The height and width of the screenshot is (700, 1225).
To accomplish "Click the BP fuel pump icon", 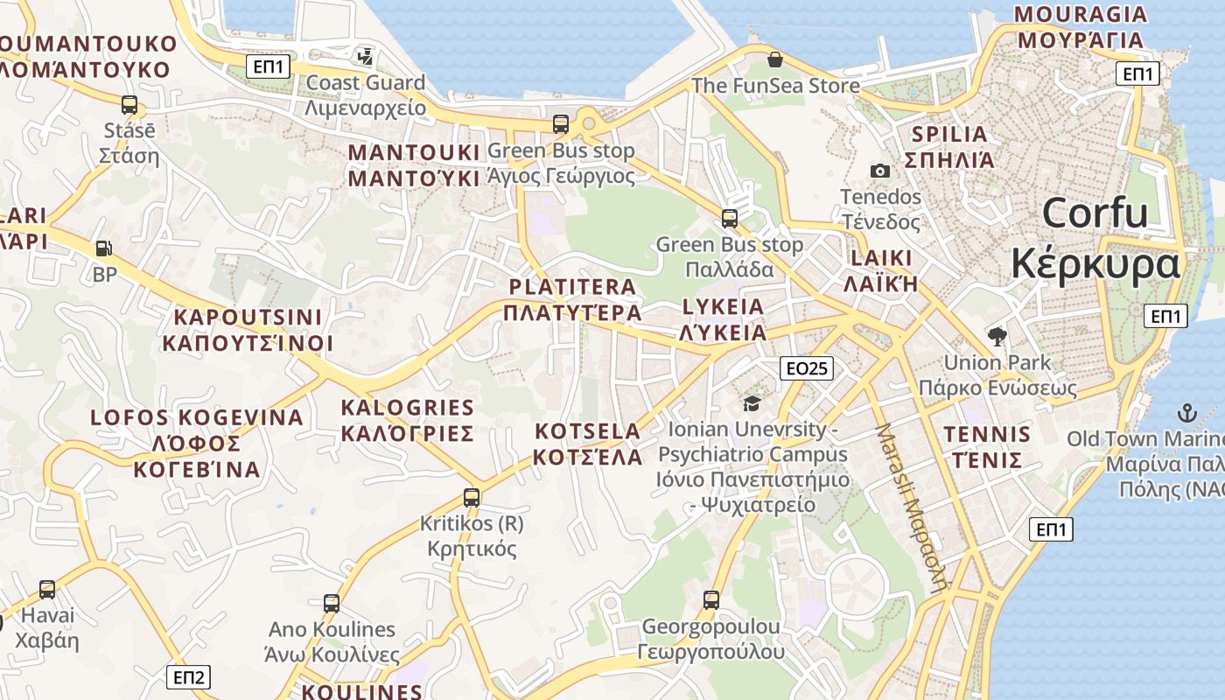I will click(x=104, y=248).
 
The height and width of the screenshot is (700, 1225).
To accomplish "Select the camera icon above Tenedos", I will click(x=880, y=171).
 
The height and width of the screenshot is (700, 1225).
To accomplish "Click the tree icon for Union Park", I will click(x=997, y=336).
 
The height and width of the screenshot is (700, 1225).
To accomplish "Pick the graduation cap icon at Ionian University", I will click(x=752, y=403).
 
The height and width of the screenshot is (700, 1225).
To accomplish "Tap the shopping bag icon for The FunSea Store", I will click(x=774, y=59).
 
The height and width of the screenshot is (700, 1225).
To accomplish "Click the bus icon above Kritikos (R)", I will click(x=472, y=498).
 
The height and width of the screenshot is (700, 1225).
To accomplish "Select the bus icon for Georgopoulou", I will click(x=711, y=600).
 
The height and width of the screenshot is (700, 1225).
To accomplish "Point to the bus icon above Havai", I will click(x=47, y=590).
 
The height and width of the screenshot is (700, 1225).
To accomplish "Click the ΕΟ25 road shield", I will click(x=806, y=368).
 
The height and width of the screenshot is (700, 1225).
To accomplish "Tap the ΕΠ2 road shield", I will click(x=188, y=676).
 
